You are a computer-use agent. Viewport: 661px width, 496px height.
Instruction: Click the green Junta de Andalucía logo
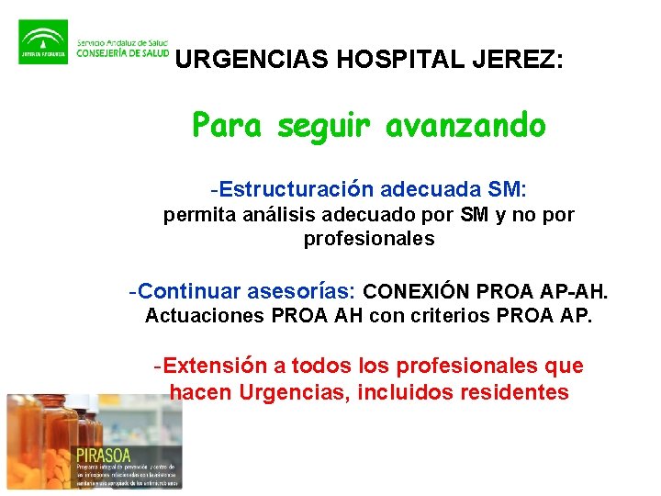point(42,42)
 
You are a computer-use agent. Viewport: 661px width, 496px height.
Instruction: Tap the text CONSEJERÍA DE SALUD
point(122,53)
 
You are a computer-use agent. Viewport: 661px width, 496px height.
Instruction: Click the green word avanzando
point(465,125)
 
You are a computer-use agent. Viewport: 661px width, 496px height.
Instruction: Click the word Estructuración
point(296,190)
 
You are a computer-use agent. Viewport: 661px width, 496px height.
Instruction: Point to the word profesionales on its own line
point(369,239)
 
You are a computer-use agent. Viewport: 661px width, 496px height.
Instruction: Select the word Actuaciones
point(205,317)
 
